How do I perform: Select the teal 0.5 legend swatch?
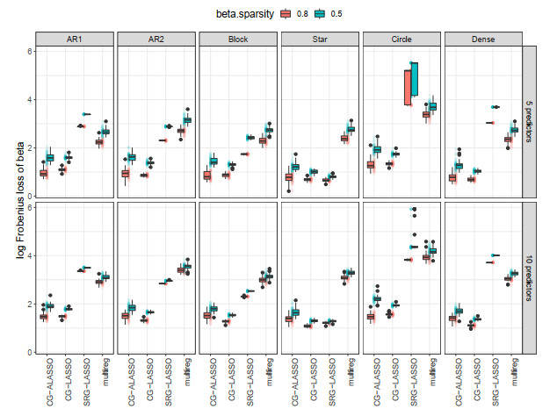[x=322, y=13]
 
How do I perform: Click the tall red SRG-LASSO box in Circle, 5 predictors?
[x=409, y=88]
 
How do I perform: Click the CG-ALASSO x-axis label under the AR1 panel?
[x=53, y=383]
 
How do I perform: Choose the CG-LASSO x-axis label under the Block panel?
[x=232, y=383]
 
